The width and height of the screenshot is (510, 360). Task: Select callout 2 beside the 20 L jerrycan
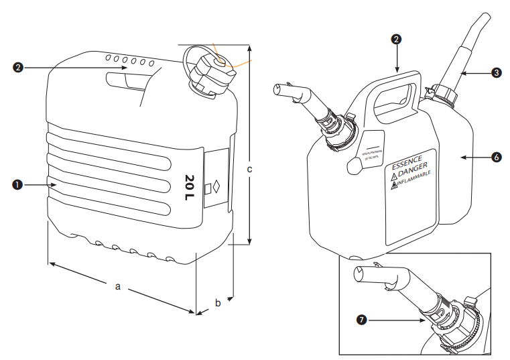click(x=18, y=67)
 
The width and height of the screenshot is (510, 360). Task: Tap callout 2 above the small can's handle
click(x=397, y=40)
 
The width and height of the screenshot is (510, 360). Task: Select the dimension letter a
click(x=118, y=286)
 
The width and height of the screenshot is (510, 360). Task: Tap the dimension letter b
click(x=217, y=303)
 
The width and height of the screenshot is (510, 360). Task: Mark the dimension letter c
click(x=249, y=169)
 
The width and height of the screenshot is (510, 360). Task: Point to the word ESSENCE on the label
click(x=407, y=162)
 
